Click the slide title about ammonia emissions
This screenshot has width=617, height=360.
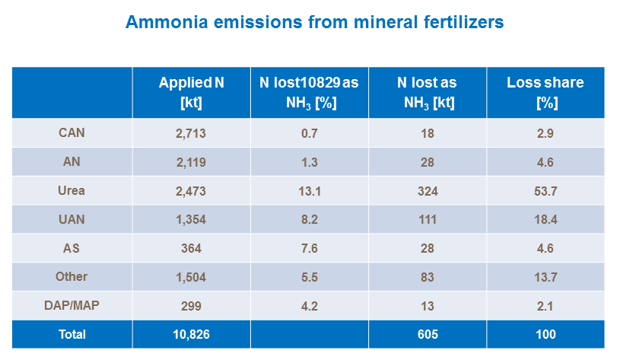click(314, 22)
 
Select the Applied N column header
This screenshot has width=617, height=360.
click(191, 92)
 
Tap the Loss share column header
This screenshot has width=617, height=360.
click(545, 92)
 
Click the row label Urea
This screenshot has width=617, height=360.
click(72, 190)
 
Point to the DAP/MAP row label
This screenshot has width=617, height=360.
click(72, 305)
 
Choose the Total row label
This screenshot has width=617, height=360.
click(72, 334)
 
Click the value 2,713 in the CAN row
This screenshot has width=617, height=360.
click(191, 133)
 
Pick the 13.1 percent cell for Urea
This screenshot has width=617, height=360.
click(309, 191)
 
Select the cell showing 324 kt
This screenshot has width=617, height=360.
click(427, 191)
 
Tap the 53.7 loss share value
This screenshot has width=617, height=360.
click(545, 191)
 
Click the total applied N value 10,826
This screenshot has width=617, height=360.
click(191, 334)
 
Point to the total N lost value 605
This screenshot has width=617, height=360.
click(427, 334)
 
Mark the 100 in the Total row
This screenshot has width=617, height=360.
click(545, 334)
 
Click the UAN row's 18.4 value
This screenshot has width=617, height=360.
click(545, 220)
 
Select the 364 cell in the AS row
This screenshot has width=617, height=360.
click(191, 248)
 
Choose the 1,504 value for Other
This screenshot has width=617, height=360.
click(191, 277)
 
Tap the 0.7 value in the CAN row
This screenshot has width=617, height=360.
click(309, 133)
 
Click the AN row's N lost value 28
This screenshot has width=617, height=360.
click(427, 162)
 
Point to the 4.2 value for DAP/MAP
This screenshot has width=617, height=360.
click(309, 306)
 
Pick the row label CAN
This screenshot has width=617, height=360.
click(72, 133)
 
